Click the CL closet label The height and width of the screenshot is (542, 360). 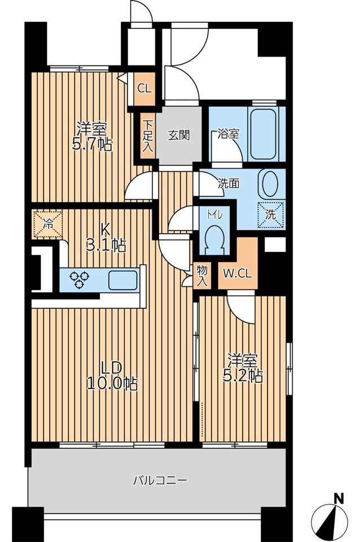tap(144, 89)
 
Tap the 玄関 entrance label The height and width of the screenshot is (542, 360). tap(179, 135)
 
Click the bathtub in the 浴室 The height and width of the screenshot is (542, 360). tap(263, 134)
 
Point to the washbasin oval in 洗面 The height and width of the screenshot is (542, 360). tap(270, 183)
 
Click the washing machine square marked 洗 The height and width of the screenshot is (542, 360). tap(271, 215)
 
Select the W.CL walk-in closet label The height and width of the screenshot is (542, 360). tap(238, 274)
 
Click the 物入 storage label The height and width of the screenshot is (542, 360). tap(202, 276)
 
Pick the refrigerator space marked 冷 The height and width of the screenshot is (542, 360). tap(47, 224)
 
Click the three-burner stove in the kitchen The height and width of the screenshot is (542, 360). tap(79, 280)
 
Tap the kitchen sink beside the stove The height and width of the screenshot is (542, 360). tap(122, 280)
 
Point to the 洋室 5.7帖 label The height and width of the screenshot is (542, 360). tap(92, 137)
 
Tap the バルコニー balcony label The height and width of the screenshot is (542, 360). tap(160, 480)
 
